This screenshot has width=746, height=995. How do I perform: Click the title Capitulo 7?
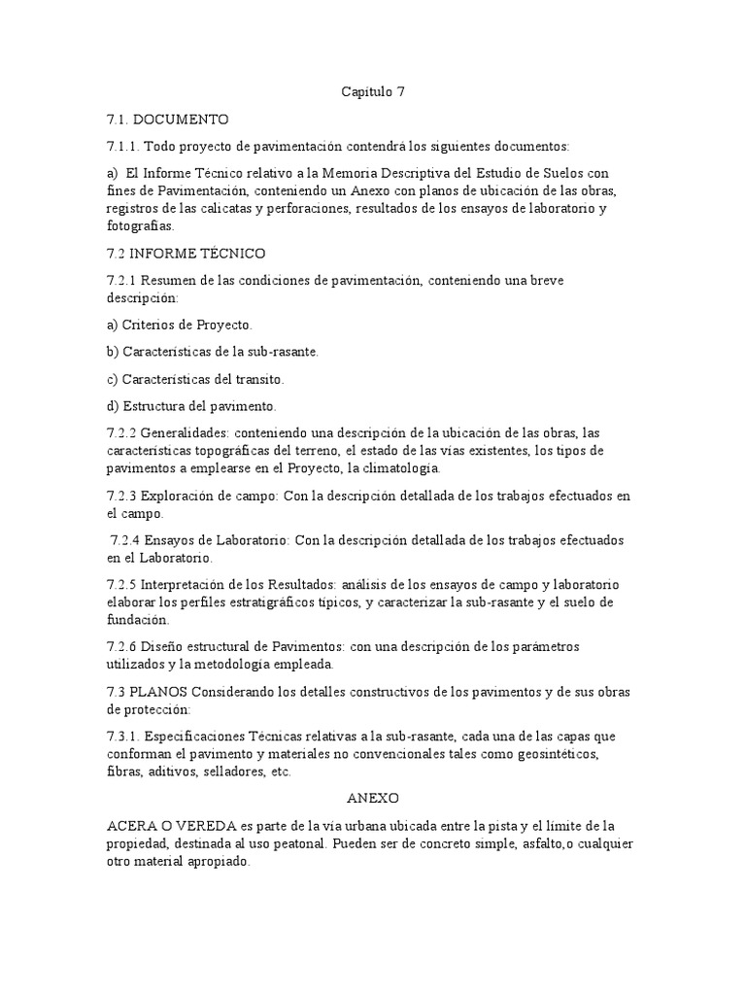[x=372, y=92]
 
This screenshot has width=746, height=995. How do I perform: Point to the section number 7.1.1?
[x=125, y=147]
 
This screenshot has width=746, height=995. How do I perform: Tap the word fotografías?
[x=140, y=225]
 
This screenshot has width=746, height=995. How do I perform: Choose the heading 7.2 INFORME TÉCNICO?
[x=186, y=253]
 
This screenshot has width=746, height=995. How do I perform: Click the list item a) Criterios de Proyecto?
[x=180, y=325]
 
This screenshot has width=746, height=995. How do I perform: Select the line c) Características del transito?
[x=195, y=379]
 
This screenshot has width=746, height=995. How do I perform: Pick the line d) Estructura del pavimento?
[x=192, y=405]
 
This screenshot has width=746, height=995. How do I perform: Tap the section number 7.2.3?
[x=124, y=496]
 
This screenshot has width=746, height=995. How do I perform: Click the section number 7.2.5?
[x=124, y=585]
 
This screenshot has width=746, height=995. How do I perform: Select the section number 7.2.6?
[x=124, y=647]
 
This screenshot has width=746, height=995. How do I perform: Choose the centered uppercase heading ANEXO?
[x=373, y=798]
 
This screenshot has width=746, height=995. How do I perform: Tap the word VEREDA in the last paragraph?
[x=202, y=826]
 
